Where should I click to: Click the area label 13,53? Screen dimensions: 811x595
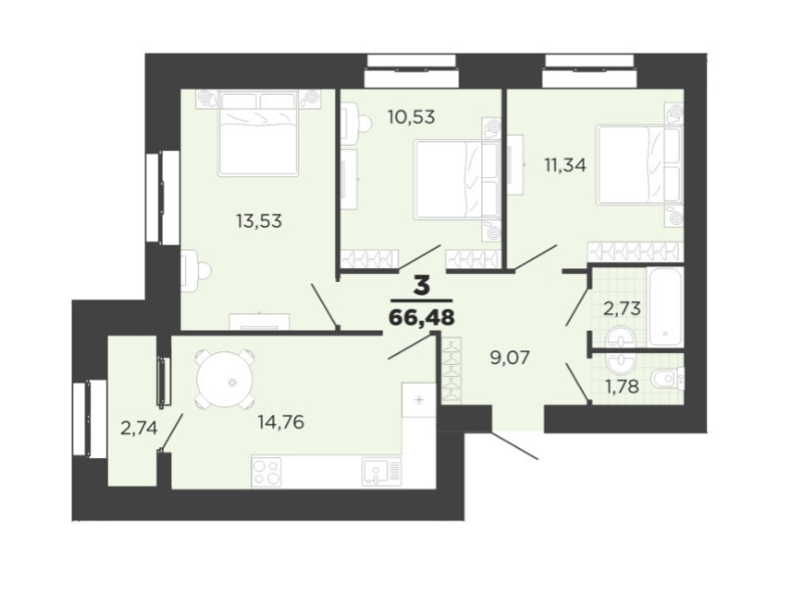[260, 221]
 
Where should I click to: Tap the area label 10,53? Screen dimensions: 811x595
[411, 117]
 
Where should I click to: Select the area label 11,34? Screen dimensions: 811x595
[565, 165]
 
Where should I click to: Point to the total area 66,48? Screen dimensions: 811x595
[421, 317]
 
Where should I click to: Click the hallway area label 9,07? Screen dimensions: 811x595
[510, 357]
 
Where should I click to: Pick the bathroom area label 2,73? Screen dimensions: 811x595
[622, 308]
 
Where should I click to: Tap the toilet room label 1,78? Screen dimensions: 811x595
[622, 387]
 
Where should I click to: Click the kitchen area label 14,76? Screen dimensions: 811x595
[281, 423]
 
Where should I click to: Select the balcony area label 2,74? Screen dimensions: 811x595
[139, 428]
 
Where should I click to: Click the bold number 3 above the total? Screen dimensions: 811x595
[421, 286]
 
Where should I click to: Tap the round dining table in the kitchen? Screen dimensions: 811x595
[225, 380]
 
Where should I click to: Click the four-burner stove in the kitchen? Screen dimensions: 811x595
[266, 472]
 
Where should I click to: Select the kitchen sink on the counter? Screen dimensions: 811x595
[382, 472]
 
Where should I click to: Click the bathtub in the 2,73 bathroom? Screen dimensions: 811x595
[666, 306]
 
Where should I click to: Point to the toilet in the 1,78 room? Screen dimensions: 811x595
[668, 380]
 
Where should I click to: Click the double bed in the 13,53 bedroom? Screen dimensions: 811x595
[259, 133]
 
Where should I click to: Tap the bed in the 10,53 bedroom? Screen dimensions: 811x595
[457, 178]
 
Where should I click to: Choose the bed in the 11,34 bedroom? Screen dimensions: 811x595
[639, 164]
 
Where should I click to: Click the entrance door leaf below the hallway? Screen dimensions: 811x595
[514, 445]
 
